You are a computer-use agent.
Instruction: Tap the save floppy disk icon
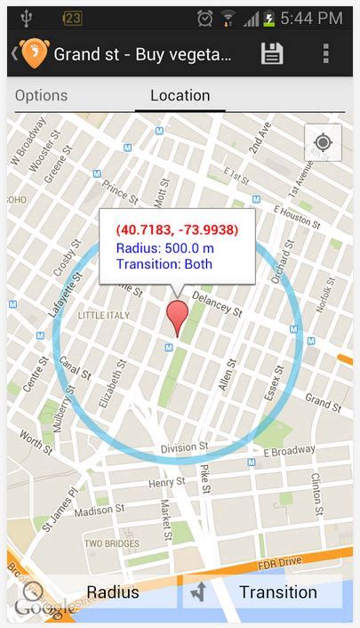(272, 53)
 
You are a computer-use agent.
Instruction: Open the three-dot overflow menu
(326, 53)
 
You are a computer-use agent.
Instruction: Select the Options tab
(41, 95)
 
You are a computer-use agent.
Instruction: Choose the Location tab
(180, 95)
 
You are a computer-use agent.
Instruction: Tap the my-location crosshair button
(323, 143)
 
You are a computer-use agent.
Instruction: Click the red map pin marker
(178, 318)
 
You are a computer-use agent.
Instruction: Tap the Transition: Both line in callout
(164, 264)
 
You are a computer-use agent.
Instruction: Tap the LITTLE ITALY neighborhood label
(104, 316)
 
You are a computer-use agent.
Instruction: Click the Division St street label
(185, 446)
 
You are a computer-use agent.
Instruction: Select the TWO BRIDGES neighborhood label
(111, 543)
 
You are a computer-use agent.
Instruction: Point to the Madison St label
(100, 511)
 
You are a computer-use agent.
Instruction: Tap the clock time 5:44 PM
(311, 18)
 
